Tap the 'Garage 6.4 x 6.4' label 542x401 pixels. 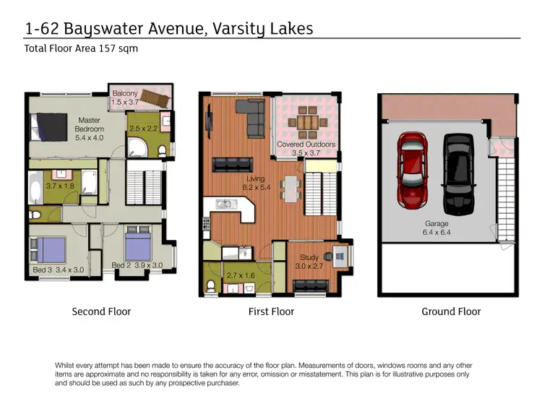(x=436, y=228)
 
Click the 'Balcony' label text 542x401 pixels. (x=124, y=93)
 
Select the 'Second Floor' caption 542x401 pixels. (x=101, y=312)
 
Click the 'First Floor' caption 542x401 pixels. (x=271, y=312)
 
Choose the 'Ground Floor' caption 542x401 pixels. (x=451, y=312)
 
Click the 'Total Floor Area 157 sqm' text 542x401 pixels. (x=81, y=50)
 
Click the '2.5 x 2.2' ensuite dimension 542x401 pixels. (x=143, y=129)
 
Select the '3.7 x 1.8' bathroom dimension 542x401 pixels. (x=61, y=186)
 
